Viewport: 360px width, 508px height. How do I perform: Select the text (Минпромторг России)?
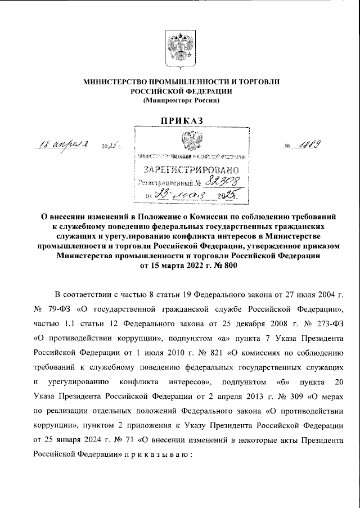181,100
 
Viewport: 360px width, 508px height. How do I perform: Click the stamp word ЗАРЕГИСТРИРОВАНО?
192,170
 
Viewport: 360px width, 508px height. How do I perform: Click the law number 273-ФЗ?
328,324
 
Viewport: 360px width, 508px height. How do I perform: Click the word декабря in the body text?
243,324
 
